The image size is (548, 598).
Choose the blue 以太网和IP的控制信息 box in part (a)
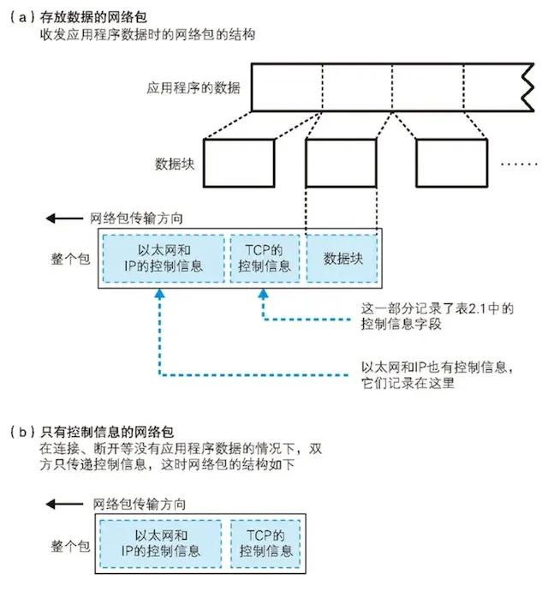coord(163,256)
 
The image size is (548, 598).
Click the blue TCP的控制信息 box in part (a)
coord(264,256)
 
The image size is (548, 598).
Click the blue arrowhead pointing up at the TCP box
coord(264,294)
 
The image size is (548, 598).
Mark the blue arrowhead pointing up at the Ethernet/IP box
coord(160,294)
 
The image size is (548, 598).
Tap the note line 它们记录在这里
coord(407,382)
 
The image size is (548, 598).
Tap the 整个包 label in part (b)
coord(70,543)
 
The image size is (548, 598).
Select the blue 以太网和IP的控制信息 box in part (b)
coord(163,542)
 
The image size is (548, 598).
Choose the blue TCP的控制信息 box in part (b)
coord(264,542)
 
